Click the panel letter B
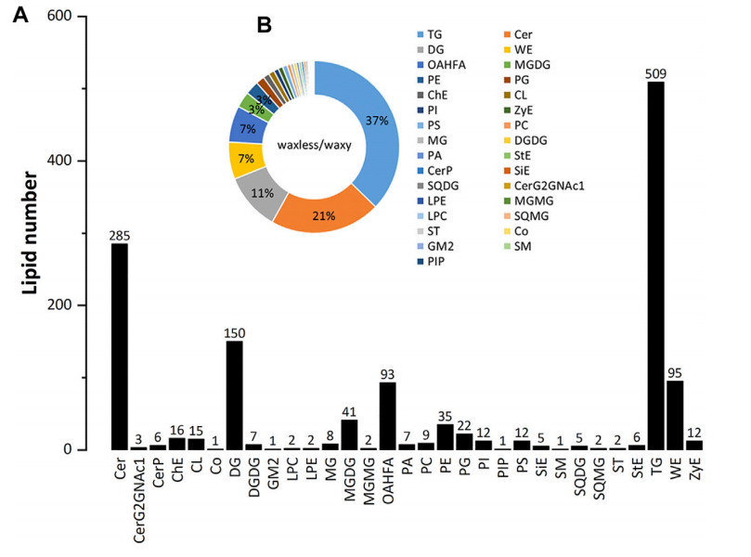[x=264, y=26]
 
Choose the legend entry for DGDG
[x=558, y=135]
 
